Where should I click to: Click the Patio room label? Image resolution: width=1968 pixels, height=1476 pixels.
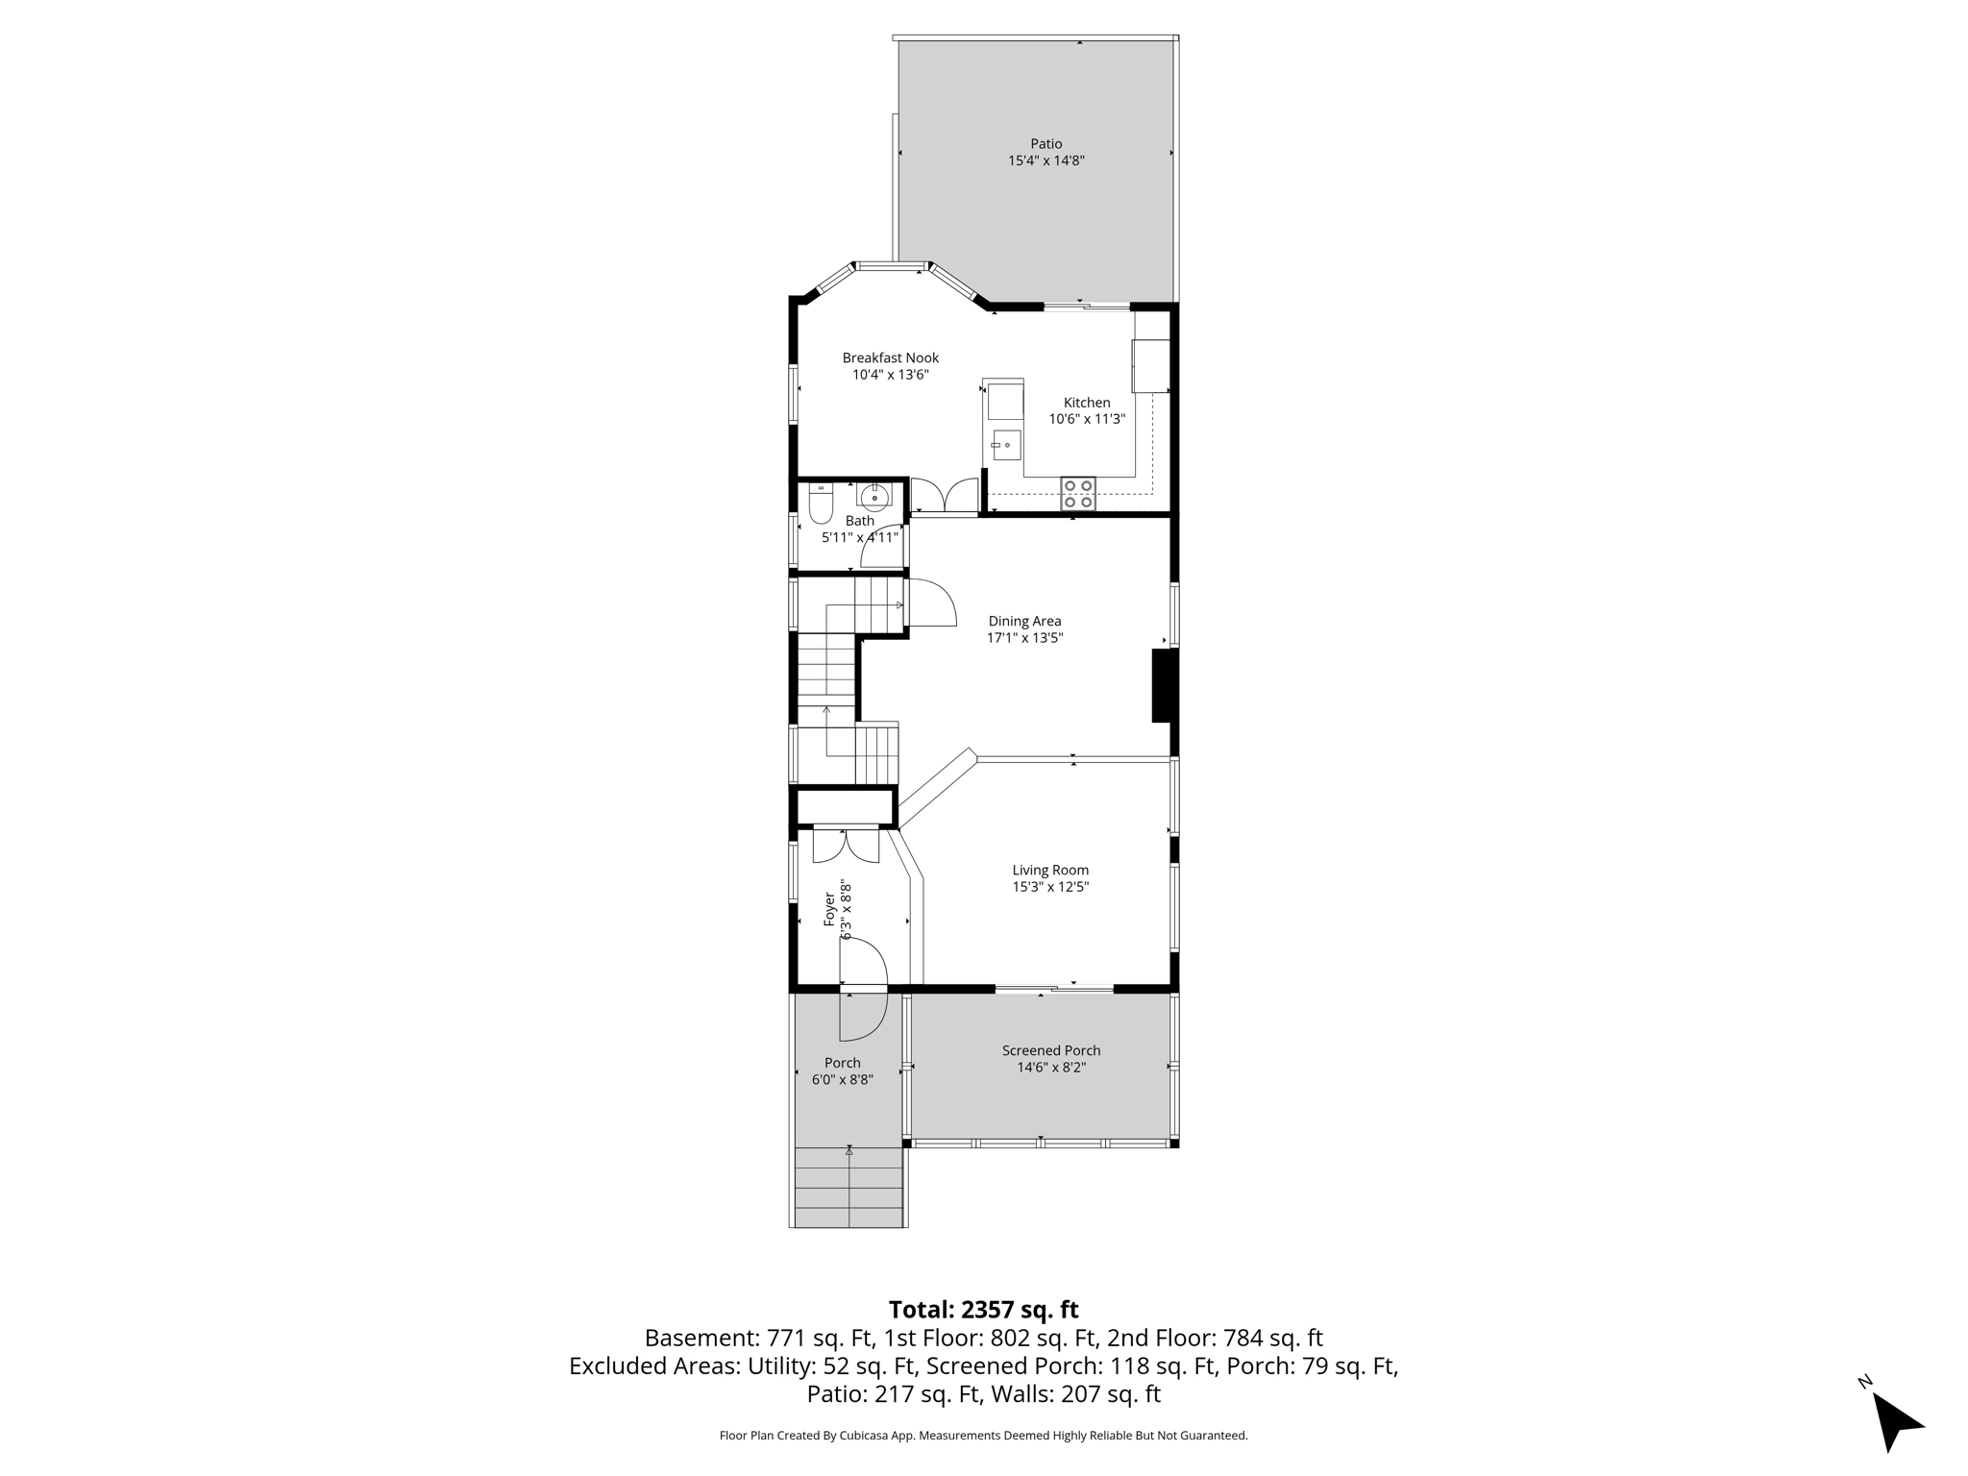(1045, 144)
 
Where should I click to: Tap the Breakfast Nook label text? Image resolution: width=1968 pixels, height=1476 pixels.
(890, 357)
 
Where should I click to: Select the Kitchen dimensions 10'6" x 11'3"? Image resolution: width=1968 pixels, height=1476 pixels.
(1086, 419)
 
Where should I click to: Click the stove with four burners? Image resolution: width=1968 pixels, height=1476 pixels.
(1077, 493)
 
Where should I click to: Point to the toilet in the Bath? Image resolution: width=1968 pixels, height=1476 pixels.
(821, 504)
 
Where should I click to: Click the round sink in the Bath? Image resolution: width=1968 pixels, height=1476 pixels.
(874, 497)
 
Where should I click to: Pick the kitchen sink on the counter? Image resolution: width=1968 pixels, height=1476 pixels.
(1005, 445)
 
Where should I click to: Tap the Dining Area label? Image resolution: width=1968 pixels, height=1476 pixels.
(1024, 621)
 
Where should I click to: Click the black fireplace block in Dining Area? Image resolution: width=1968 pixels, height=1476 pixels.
(1164, 685)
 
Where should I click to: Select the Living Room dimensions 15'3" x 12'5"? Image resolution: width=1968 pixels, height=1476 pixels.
(1049, 887)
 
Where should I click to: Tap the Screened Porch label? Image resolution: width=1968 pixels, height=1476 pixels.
(1050, 1050)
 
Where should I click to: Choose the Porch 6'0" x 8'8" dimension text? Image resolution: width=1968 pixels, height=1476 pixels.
(842, 1079)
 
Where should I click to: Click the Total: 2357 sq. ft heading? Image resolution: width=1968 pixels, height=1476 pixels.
(983, 1310)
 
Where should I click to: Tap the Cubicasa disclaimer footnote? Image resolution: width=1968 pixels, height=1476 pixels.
(983, 1436)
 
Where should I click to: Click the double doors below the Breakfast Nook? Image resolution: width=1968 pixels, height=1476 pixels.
(945, 496)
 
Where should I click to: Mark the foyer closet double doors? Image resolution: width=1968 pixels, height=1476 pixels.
(846, 845)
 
